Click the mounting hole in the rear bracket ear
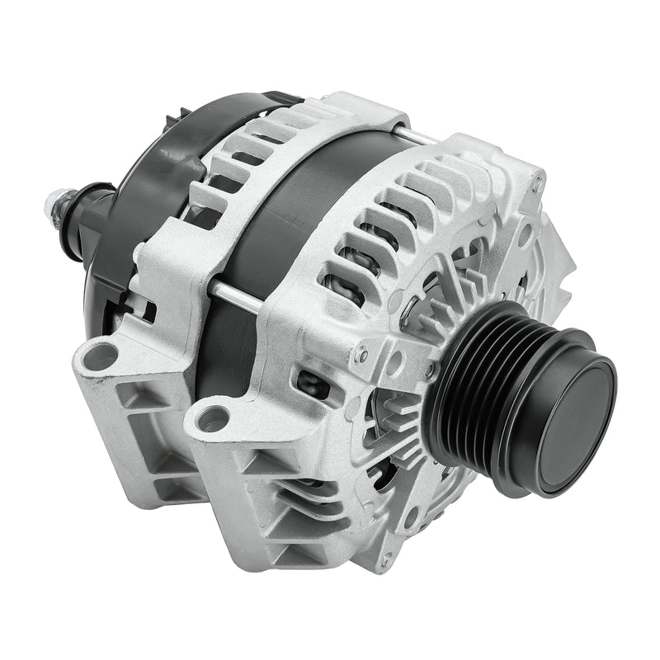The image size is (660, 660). pos(101,356)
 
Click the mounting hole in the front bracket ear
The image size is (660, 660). pos(212,418)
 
